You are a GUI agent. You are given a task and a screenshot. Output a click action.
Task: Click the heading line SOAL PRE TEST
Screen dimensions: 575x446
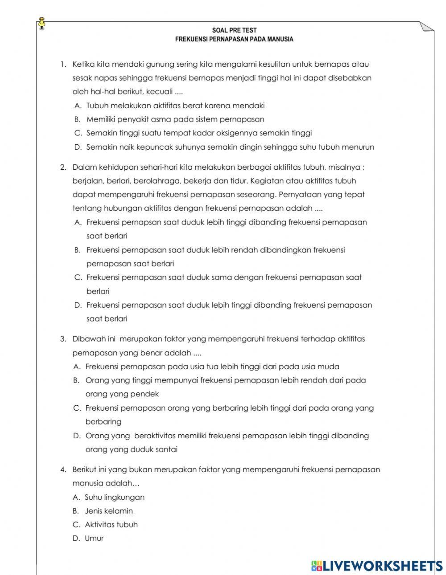[x=234, y=31]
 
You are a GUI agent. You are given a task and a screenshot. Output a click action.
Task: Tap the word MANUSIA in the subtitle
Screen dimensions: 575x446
[x=281, y=39]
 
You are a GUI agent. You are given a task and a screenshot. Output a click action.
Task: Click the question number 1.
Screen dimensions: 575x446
[x=63, y=64]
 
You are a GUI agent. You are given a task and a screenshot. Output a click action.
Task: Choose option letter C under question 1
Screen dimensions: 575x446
[x=78, y=133]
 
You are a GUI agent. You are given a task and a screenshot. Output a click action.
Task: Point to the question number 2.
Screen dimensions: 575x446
[x=63, y=167]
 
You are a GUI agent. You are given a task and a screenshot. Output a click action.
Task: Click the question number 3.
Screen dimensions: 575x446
[x=63, y=339]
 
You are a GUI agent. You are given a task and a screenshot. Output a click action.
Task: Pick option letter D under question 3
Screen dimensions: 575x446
[x=77, y=436]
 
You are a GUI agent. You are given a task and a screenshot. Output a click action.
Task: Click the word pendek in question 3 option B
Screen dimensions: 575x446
[x=145, y=394]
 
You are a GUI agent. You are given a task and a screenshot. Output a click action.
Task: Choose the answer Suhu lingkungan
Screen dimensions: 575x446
[x=115, y=497]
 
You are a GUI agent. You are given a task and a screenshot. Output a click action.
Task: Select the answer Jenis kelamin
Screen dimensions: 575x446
[x=109, y=511]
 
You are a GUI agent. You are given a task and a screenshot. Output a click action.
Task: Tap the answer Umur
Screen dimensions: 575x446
[x=94, y=538]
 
